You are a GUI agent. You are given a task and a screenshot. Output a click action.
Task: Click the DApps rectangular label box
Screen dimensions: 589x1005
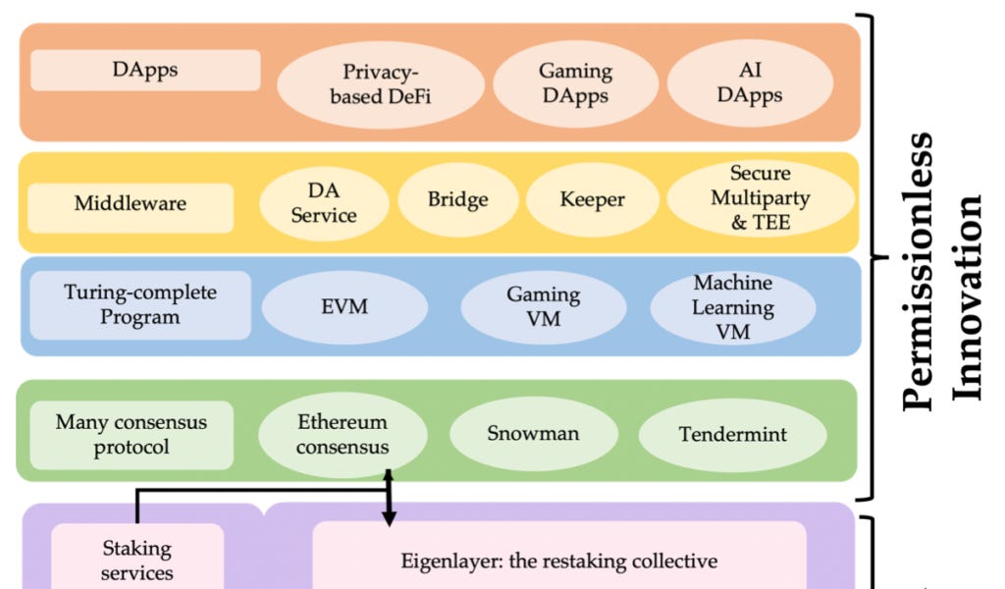(145, 71)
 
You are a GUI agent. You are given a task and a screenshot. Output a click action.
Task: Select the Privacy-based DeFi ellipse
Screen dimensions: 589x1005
(380, 84)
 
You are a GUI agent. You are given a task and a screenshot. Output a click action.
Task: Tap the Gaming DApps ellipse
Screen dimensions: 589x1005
(574, 84)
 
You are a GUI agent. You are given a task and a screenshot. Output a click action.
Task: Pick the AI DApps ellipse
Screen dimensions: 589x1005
(750, 82)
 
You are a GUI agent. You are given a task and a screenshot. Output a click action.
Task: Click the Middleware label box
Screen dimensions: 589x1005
(131, 204)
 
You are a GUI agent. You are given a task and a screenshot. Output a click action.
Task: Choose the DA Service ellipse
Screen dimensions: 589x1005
(324, 201)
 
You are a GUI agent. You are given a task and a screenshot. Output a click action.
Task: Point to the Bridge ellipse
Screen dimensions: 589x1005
(457, 199)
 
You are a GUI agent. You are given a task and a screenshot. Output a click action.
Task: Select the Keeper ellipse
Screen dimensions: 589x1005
(592, 200)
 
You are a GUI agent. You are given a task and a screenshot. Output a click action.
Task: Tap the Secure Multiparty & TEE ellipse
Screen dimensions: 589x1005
(761, 198)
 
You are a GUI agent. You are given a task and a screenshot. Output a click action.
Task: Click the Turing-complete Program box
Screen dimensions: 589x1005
(140, 305)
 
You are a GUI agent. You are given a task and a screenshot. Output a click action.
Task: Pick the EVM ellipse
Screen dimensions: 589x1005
(344, 307)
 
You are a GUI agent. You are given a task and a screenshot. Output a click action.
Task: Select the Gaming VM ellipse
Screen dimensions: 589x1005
(544, 307)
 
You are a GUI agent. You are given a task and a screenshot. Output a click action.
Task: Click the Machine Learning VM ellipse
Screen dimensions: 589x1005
(733, 308)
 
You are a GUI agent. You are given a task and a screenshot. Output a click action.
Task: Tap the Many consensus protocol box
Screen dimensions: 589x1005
(132, 435)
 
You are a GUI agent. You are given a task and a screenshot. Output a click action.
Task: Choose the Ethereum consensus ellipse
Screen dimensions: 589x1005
(343, 435)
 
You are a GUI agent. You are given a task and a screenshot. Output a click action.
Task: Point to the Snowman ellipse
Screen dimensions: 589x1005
(534, 434)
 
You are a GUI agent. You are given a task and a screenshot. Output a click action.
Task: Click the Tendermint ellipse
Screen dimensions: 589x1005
(733, 434)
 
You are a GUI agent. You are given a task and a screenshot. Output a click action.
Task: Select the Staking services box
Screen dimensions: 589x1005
(137, 560)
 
